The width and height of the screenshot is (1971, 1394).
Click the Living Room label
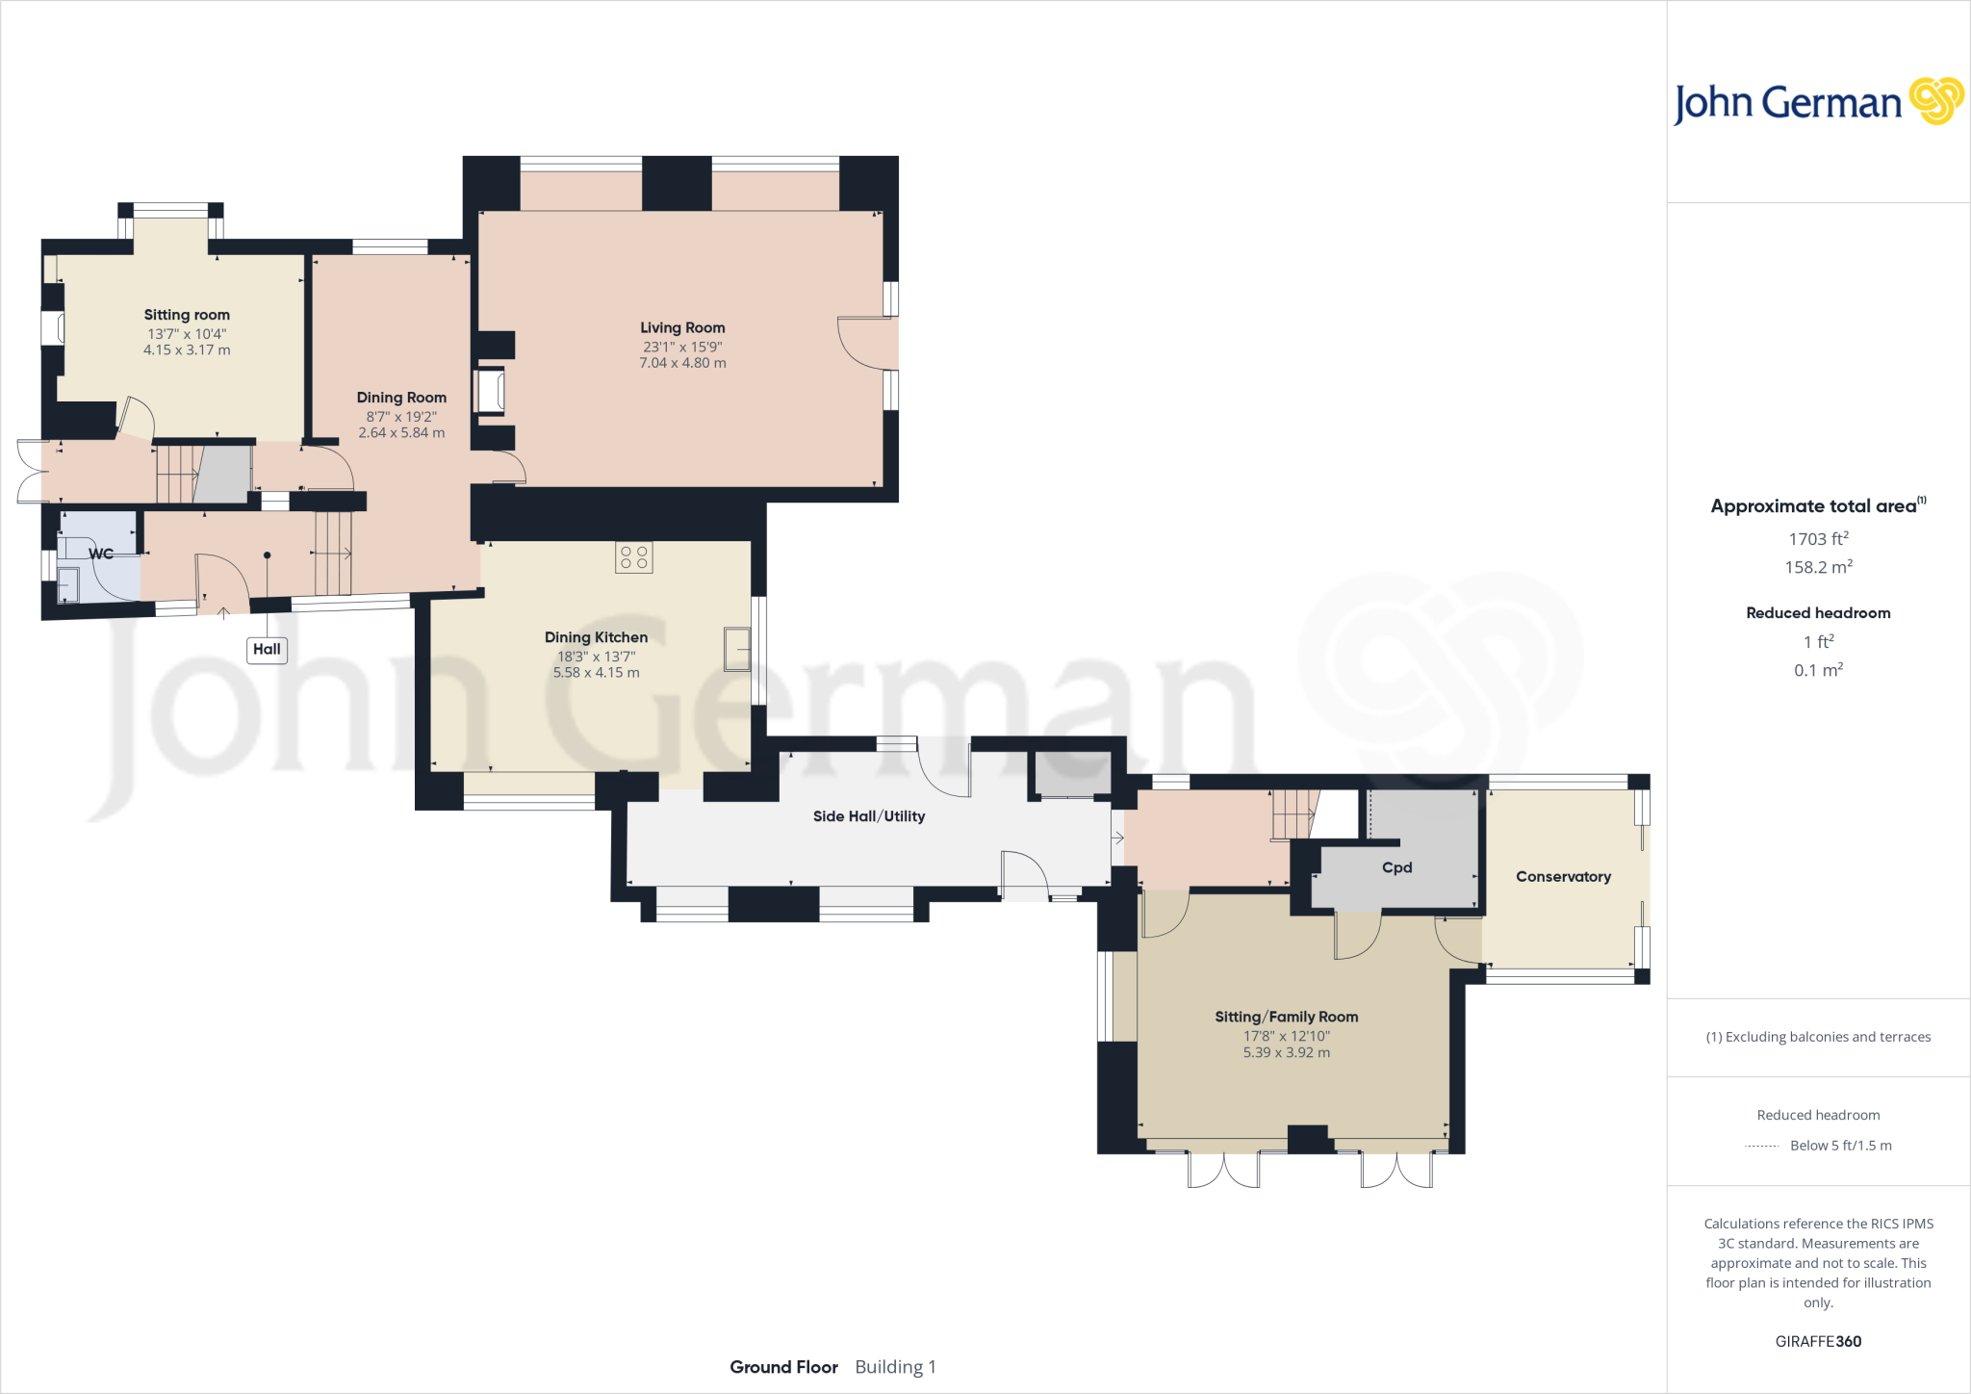tap(682, 328)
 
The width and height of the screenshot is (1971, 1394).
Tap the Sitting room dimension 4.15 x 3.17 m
tap(187, 350)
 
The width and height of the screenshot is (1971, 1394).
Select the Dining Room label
tap(401, 398)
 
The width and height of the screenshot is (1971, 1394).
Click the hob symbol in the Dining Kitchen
tap(634, 557)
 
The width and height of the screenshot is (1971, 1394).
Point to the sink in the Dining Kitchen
tap(737, 649)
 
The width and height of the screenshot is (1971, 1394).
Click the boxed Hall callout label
tap(267, 650)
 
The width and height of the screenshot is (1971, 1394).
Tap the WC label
tap(101, 554)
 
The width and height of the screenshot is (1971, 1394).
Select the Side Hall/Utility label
tap(868, 816)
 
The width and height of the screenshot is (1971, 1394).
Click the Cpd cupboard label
tap(1396, 867)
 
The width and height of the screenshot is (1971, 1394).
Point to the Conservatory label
tap(1563, 877)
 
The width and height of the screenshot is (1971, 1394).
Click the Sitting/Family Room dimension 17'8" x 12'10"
tap(1286, 1036)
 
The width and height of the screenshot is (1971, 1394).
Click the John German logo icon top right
tap(1935, 101)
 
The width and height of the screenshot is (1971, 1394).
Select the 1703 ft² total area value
tap(1818, 539)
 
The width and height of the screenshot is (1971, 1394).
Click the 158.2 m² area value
tap(1818, 567)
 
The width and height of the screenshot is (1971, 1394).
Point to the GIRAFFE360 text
tap(1818, 1341)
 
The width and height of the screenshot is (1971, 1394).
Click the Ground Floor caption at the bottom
tap(783, 1367)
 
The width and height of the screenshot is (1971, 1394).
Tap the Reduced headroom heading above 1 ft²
tap(1818, 613)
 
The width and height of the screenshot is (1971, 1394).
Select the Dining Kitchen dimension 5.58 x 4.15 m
tap(596, 673)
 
